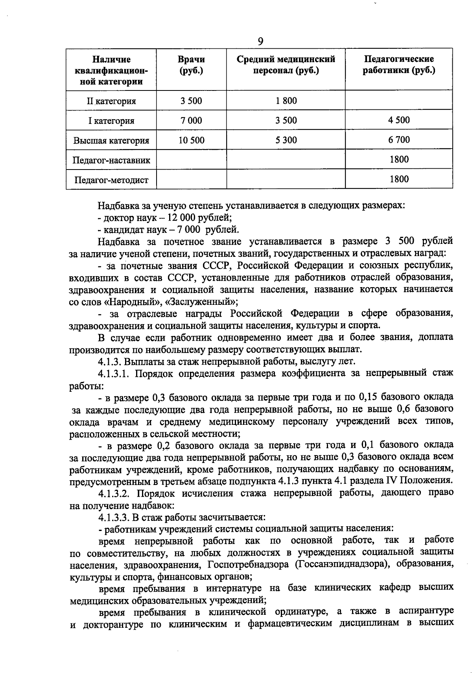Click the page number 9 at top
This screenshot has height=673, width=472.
[260, 41]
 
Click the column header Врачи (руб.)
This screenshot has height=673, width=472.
[191, 65]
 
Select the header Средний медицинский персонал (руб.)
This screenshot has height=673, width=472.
[286, 65]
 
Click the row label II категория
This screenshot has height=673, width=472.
[111, 101]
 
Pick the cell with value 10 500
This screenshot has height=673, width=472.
[191, 140]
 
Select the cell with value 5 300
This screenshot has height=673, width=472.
[286, 140]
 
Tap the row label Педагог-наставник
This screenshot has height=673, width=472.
[111, 160]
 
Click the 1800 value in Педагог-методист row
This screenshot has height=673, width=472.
[399, 179]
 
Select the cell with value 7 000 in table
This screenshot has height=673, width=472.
[191, 120]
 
